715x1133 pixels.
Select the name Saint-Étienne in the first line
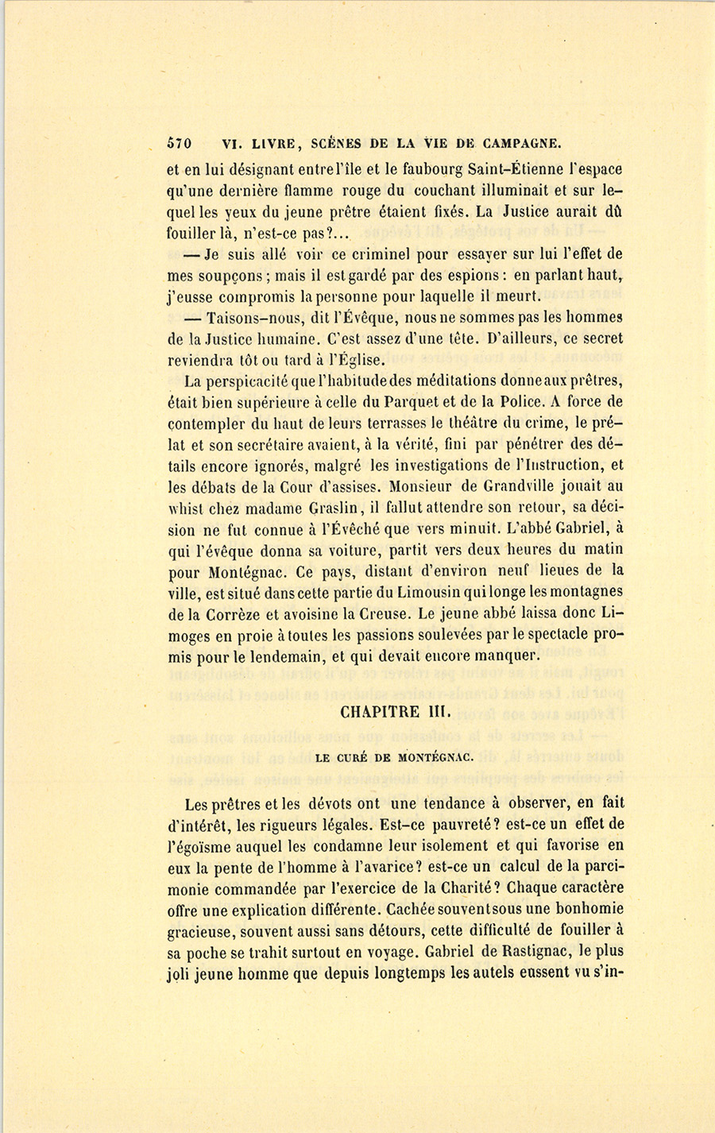(512, 169)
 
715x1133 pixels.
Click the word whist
(189, 508)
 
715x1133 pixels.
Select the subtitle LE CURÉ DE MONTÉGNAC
(394, 757)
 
